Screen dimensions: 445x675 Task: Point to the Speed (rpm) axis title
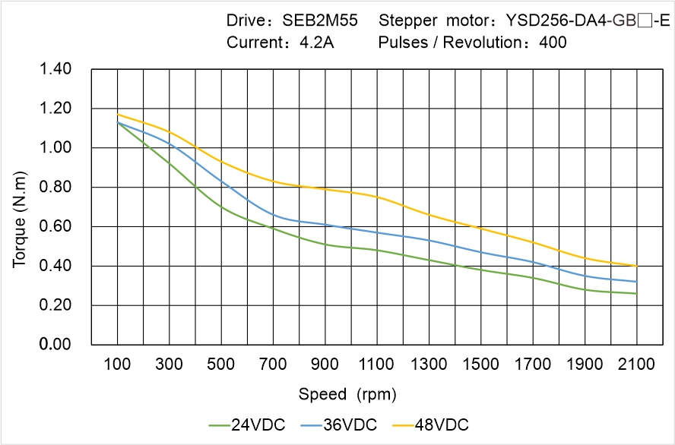(x=347, y=394)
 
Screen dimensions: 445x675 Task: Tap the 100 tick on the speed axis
(x=117, y=365)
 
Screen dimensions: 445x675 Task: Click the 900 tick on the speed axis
(x=325, y=365)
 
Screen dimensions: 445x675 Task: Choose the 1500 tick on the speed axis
(x=480, y=365)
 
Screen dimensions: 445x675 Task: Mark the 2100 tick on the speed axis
(x=636, y=365)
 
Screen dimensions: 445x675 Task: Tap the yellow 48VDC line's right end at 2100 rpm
(x=636, y=266)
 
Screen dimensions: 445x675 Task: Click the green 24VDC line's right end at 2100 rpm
(x=636, y=293)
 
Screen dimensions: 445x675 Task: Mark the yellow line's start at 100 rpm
(x=117, y=115)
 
